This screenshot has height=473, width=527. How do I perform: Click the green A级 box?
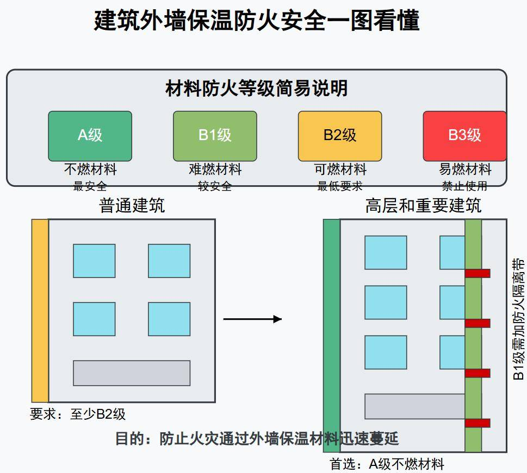[x=90, y=136]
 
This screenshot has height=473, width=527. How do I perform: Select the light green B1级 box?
[x=215, y=136]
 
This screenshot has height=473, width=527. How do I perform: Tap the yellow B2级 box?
[x=340, y=136]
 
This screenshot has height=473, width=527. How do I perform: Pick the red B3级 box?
[x=464, y=136]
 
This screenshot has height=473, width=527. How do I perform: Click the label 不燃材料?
[x=90, y=169]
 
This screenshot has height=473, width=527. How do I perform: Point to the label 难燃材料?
[x=215, y=169]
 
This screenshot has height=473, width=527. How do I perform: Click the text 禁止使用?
[x=464, y=186]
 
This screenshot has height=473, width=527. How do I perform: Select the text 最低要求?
[x=340, y=186]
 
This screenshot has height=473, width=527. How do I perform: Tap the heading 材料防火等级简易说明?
[x=256, y=88]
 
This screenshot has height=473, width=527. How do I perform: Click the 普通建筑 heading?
[x=132, y=206]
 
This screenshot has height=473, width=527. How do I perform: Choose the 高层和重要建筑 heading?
[x=423, y=206]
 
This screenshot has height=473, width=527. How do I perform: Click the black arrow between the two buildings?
[x=252, y=319]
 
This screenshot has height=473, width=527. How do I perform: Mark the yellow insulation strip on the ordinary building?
[x=40, y=310]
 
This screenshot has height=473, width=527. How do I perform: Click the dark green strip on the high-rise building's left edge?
[x=331, y=335]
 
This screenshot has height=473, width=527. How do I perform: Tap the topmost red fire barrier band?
[x=478, y=273]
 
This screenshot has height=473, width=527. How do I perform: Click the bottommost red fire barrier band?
[x=478, y=423]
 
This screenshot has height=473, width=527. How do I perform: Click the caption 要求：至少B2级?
[x=78, y=414]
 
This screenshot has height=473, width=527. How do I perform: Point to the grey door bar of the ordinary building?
[x=132, y=373]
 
